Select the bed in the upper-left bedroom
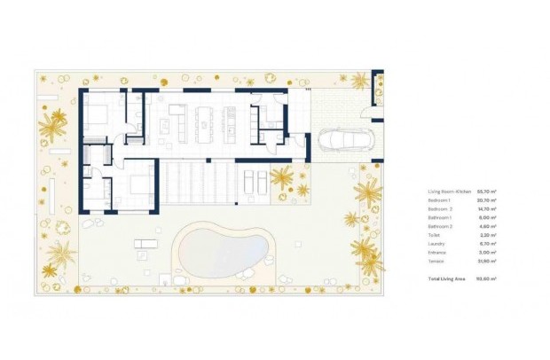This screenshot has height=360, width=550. click(x=100, y=115)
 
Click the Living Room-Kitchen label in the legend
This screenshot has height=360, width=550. click(x=449, y=191)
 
